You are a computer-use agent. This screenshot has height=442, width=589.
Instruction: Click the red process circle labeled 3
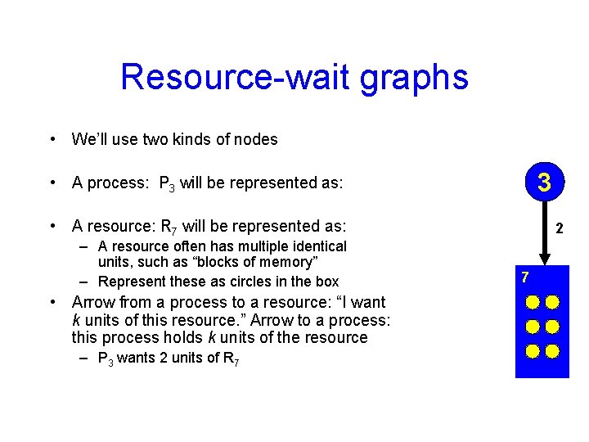pos(544,182)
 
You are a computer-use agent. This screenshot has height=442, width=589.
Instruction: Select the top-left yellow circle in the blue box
pos(533,302)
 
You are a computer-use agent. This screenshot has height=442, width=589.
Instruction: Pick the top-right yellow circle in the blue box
pos(552,302)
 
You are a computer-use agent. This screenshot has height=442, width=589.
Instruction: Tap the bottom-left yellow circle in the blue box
pos(533,351)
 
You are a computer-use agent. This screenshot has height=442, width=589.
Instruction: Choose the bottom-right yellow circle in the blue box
pos(552,351)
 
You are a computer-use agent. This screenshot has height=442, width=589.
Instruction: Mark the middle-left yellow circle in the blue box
pos(533,327)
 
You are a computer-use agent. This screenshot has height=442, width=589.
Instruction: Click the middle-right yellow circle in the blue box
pos(552,327)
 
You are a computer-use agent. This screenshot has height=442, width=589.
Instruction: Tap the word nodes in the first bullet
pos(257,139)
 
